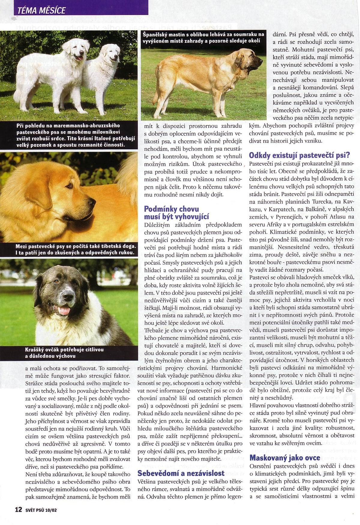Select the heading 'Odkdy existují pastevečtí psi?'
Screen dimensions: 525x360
(x=299, y=155)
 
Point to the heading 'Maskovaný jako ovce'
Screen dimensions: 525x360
(x=285, y=458)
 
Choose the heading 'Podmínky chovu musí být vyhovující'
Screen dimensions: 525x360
(x=176, y=213)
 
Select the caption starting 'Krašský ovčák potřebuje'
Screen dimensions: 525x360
(x=64, y=353)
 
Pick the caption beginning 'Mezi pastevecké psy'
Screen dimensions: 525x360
(x=75, y=249)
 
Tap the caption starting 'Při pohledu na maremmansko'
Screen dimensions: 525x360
(x=72, y=135)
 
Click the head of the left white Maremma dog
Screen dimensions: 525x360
(x=79, y=50)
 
